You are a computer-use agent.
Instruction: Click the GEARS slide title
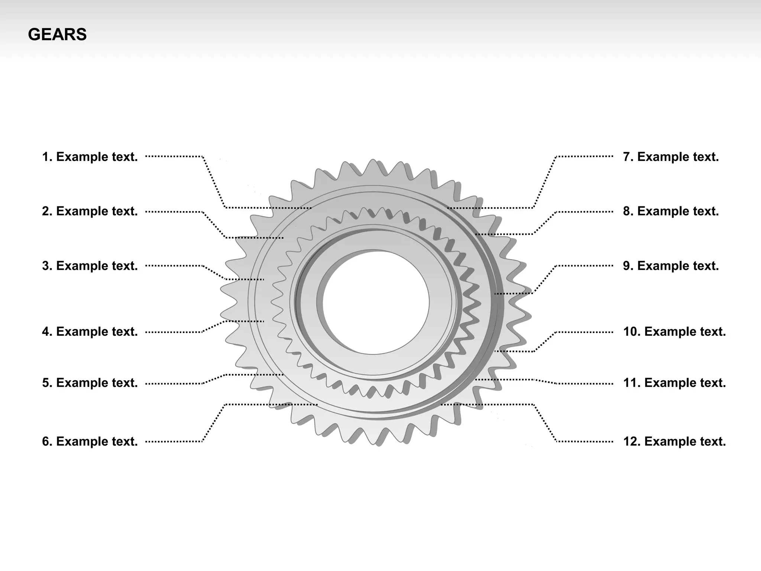[57, 35]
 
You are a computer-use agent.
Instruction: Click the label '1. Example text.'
[90, 157]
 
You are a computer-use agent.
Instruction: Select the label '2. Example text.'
[90, 211]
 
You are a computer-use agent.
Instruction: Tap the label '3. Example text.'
[90, 266]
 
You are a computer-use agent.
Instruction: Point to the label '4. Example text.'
[90, 332]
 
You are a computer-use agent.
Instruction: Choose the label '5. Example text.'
[90, 383]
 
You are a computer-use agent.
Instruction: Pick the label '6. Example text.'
[90, 442]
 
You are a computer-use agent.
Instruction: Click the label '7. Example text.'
[671, 157]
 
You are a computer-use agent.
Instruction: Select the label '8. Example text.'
[671, 211]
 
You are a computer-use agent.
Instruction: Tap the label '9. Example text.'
[671, 266]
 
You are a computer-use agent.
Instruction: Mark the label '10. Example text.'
[674, 332]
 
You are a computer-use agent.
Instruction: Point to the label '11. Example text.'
[674, 383]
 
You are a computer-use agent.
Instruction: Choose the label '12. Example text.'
[674, 442]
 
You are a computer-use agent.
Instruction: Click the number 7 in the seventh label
[627, 157]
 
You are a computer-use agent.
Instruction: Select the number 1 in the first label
[45, 157]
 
